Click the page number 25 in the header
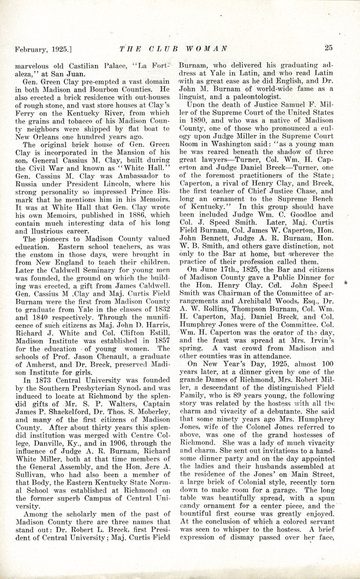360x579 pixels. pyautogui.click(x=328, y=48)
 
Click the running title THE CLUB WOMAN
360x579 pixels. pyautogui.click(x=174, y=49)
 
